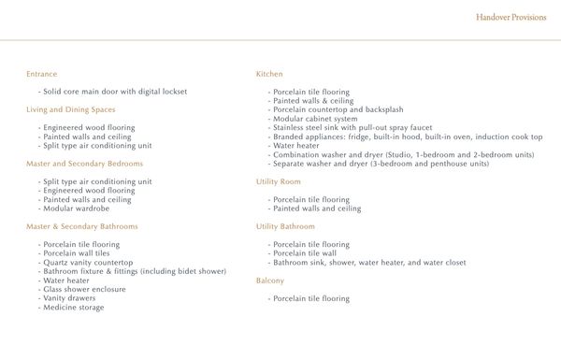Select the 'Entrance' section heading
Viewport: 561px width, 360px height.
coord(42,73)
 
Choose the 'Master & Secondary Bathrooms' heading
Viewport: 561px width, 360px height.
coord(81,226)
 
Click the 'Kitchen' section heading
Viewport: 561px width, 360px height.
coord(269,73)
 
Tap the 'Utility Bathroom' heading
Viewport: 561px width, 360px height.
coord(286,226)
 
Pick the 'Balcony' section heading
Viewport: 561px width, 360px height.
coord(270,280)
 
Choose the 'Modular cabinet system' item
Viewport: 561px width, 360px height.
coord(313,119)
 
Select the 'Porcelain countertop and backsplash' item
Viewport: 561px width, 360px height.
coord(332,109)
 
